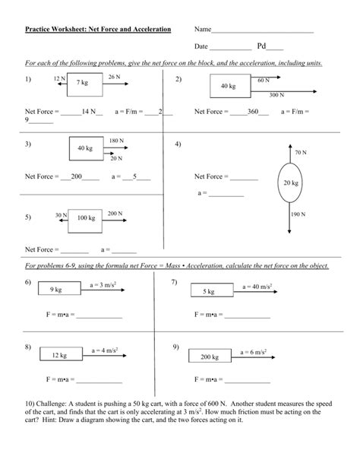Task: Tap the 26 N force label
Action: click(114, 78)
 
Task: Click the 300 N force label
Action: click(276, 96)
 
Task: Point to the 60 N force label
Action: click(264, 80)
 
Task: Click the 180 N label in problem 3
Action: click(116, 141)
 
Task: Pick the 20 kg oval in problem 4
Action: click(291, 182)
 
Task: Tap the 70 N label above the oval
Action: click(299, 152)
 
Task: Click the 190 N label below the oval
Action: click(298, 214)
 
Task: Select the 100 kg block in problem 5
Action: click(86, 218)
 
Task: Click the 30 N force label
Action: click(61, 214)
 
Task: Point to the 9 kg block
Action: click(55, 290)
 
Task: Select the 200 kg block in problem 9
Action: click(210, 356)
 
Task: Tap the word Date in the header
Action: click(201, 46)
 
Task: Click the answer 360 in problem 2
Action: click(252, 111)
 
